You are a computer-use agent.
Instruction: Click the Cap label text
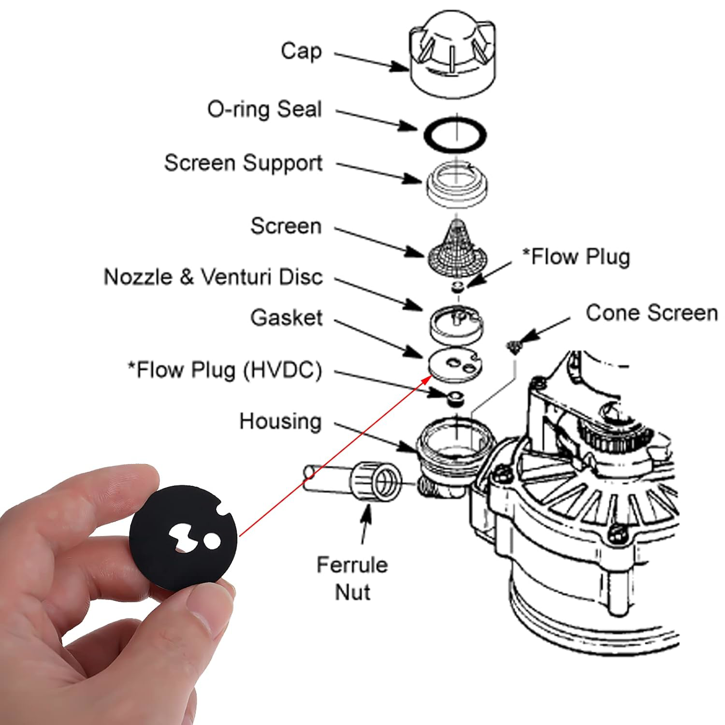[x=301, y=51]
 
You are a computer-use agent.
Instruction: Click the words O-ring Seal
[x=264, y=110]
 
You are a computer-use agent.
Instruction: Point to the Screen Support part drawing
[x=457, y=184]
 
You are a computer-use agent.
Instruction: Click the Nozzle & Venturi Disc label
[x=213, y=277]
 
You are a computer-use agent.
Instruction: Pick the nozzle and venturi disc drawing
[x=456, y=322]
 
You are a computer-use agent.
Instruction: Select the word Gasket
[x=286, y=318]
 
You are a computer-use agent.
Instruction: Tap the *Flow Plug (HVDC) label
[x=224, y=370]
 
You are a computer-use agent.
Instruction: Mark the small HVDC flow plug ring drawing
[x=454, y=399]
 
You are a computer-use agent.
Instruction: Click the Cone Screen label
[x=651, y=313]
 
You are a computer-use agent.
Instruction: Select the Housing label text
[x=280, y=421]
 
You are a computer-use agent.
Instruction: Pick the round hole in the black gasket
[x=211, y=541]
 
